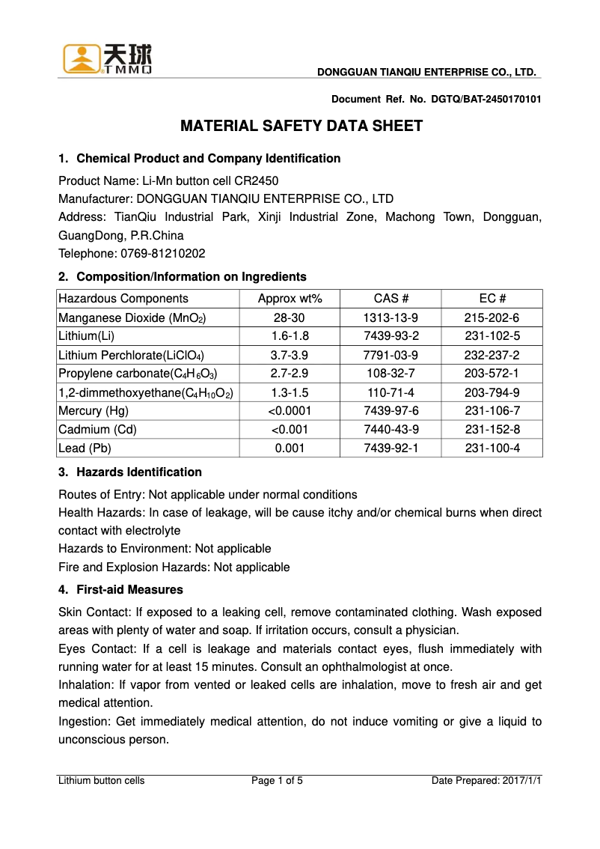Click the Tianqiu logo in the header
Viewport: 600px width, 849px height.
[x=107, y=59]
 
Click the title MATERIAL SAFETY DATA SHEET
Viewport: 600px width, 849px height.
[x=301, y=126]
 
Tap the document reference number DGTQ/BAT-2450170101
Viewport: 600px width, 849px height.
[x=486, y=99]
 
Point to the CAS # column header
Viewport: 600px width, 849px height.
[x=391, y=299]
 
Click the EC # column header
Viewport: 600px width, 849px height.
[x=492, y=299]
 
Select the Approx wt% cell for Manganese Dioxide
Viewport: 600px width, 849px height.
[x=290, y=317]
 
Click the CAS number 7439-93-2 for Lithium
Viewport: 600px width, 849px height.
[x=391, y=336]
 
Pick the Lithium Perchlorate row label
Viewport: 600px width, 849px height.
[x=131, y=355]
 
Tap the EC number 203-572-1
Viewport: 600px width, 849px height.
[x=492, y=374]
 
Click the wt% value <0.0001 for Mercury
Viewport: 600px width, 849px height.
[x=290, y=411]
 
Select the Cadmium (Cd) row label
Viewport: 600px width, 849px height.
[x=97, y=430]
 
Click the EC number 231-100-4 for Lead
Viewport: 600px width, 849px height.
[x=492, y=448]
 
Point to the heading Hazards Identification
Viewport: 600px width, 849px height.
[x=139, y=472]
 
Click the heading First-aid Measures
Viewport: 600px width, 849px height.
[x=129, y=590]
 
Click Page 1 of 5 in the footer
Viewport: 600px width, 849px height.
[x=277, y=781]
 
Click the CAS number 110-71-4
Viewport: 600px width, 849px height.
[x=391, y=392]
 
